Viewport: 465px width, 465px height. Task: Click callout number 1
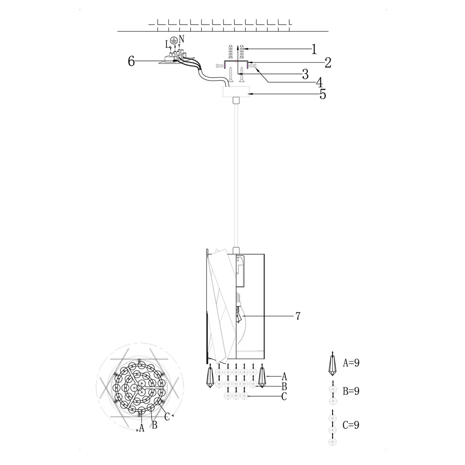(x=314, y=49)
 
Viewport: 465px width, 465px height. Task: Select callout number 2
(x=328, y=63)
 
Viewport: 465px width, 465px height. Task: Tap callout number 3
(x=305, y=74)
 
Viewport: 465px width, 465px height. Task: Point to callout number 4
(x=319, y=82)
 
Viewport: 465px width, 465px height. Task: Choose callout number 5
(x=323, y=94)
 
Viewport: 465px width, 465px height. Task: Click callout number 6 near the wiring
(x=132, y=61)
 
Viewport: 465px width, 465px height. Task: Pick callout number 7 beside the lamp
(x=298, y=316)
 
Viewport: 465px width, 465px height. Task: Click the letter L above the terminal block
(x=168, y=45)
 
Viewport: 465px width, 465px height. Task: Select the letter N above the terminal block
(x=181, y=39)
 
